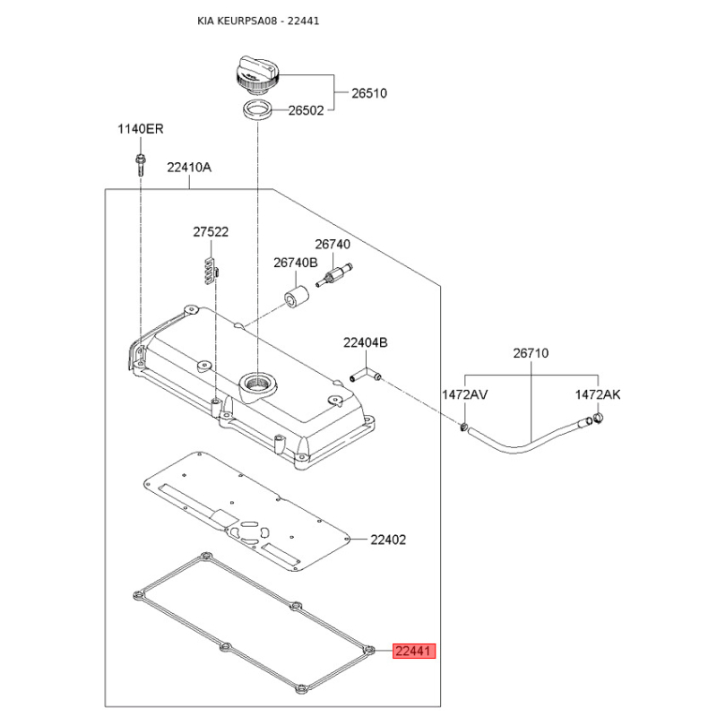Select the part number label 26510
pyautogui.click(x=368, y=92)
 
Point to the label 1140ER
pyautogui.click(x=141, y=130)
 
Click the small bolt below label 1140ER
pyautogui.click(x=141, y=163)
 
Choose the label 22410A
pyautogui.click(x=189, y=167)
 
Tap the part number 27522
pyautogui.click(x=211, y=231)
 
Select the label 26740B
pyautogui.click(x=296, y=263)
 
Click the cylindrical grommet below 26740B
pyautogui.click(x=298, y=295)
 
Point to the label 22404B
pyautogui.click(x=366, y=342)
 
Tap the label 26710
pyautogui.click(x=531, y=354)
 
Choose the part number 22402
pyautogui.click(x=389, y=540)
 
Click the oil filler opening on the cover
pyautogui.click(x=258, y=383)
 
